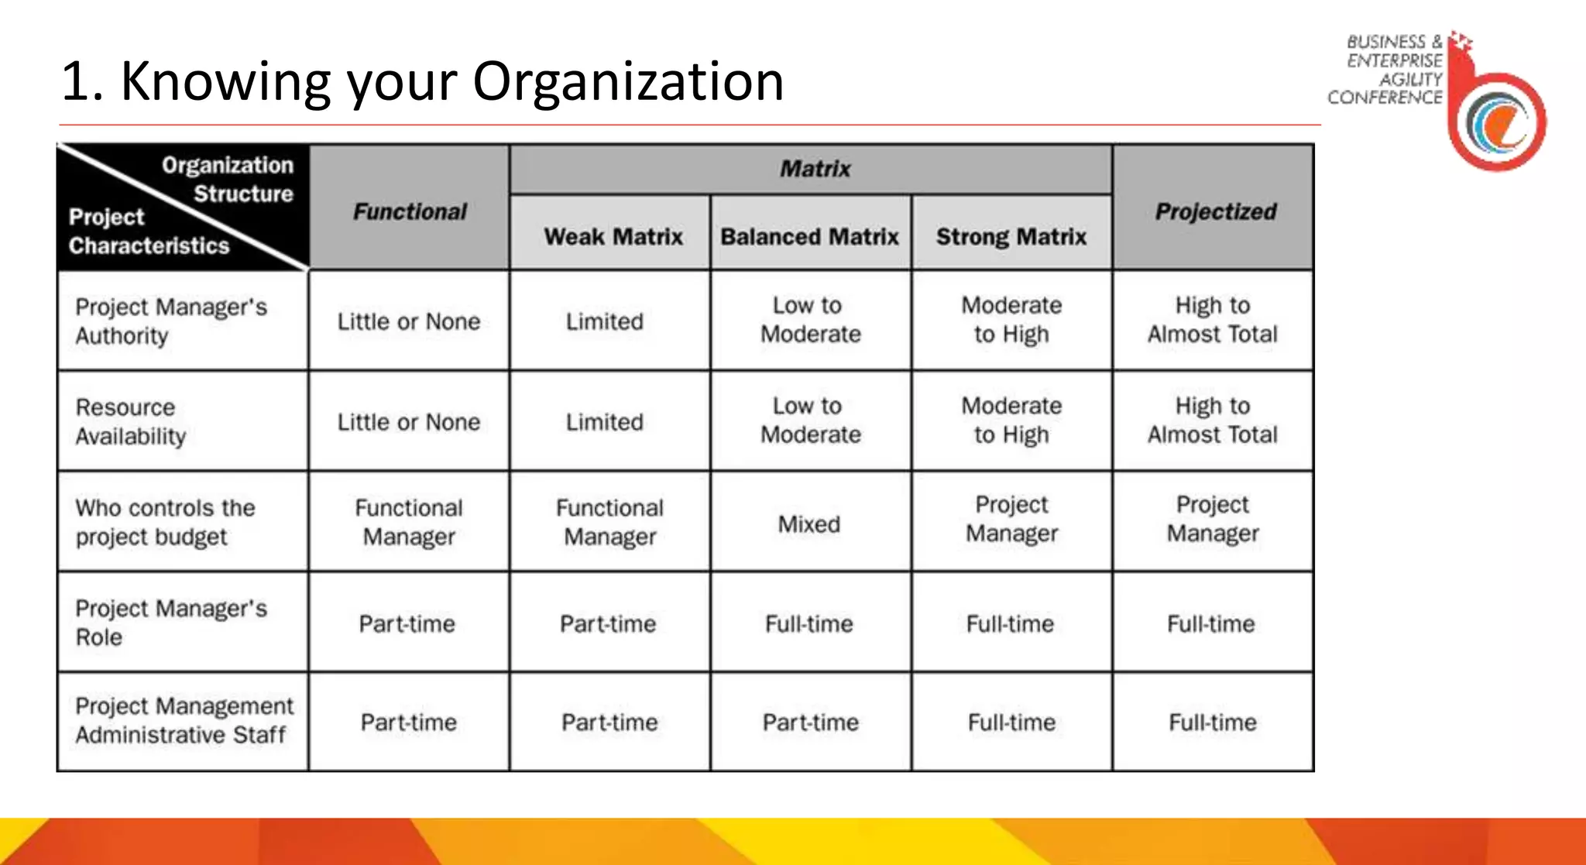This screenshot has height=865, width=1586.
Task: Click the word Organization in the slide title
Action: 628,81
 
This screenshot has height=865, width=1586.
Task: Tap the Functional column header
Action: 410,211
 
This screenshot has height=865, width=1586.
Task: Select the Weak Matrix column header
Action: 613,236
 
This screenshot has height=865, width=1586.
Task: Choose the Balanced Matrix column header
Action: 809,236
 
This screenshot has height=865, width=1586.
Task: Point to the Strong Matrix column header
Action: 1011,236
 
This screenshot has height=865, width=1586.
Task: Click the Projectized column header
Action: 1215,211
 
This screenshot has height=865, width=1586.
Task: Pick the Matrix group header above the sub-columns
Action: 815,169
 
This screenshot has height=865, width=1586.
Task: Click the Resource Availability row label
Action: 131,421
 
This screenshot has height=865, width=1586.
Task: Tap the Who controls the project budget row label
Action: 165,522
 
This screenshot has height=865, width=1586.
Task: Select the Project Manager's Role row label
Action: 170,623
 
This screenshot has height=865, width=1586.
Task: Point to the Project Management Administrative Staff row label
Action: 184,720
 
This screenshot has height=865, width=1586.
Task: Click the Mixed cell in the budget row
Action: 809,524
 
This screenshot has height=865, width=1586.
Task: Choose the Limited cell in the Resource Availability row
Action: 604,422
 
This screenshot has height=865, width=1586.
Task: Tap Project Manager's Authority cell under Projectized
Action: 1213,320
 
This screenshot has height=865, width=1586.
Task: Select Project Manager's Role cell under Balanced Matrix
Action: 809,624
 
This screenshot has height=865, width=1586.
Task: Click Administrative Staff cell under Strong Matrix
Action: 1011,723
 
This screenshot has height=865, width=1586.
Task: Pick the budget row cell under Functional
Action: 409,522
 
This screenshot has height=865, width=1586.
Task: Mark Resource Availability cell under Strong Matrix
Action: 1011,420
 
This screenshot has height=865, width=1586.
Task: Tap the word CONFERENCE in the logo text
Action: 1385,98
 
